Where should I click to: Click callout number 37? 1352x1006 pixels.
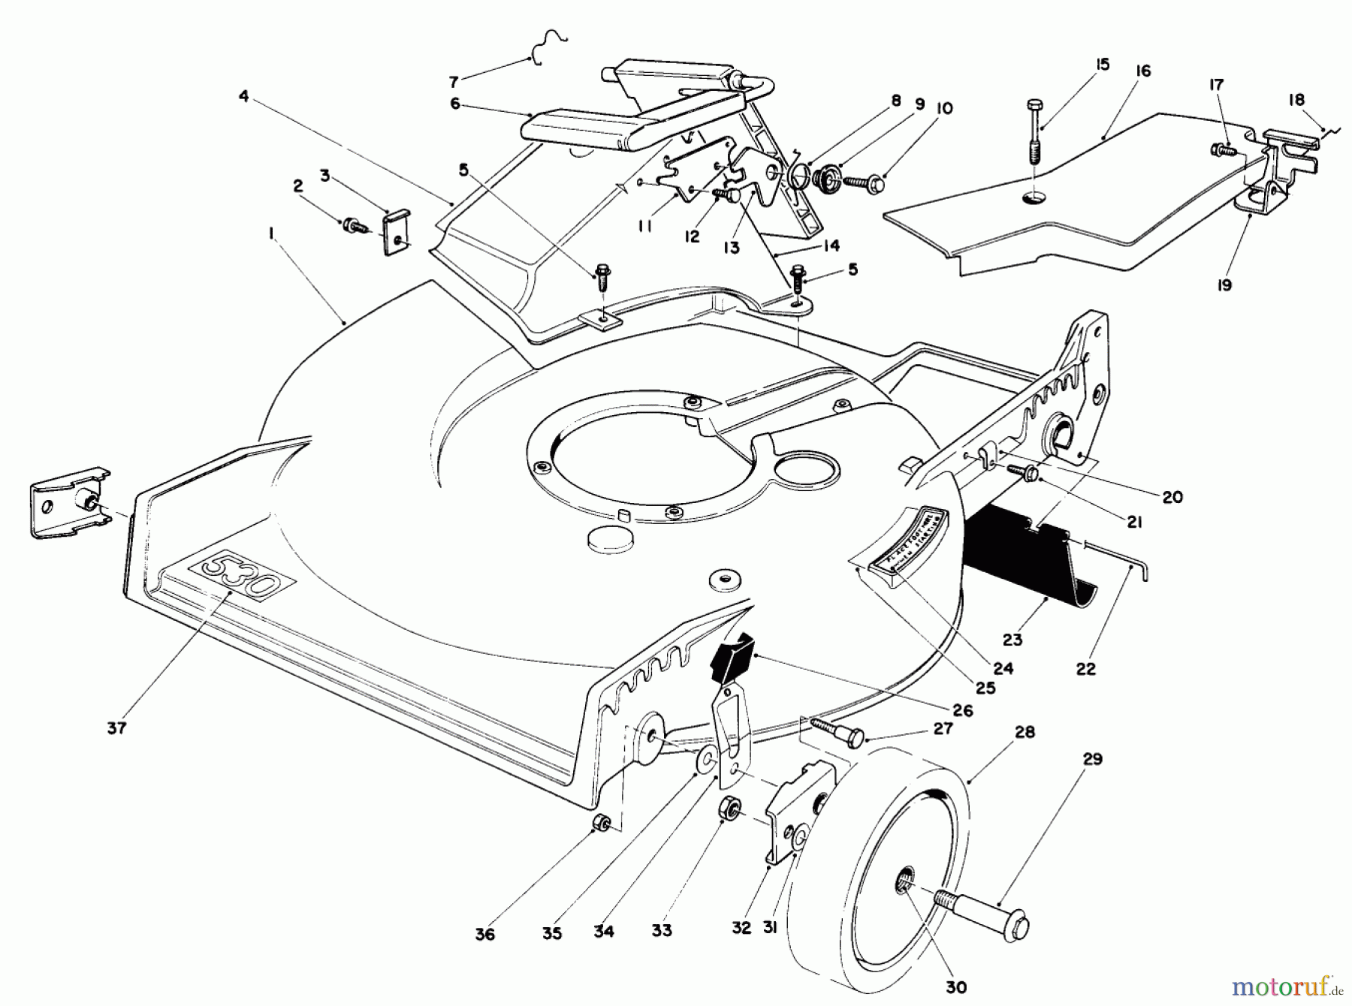(x=116, y=727)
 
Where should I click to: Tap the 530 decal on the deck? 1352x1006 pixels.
(x=242, y=577)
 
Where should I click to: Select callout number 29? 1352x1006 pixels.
(x=1093, y=760)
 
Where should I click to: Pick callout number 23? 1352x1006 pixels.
(x=1012, y=640)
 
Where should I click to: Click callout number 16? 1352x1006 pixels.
(x=1142, y=71)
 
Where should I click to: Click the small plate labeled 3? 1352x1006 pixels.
(x=397, y=232)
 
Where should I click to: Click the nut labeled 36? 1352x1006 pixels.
(x=601, y=824)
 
